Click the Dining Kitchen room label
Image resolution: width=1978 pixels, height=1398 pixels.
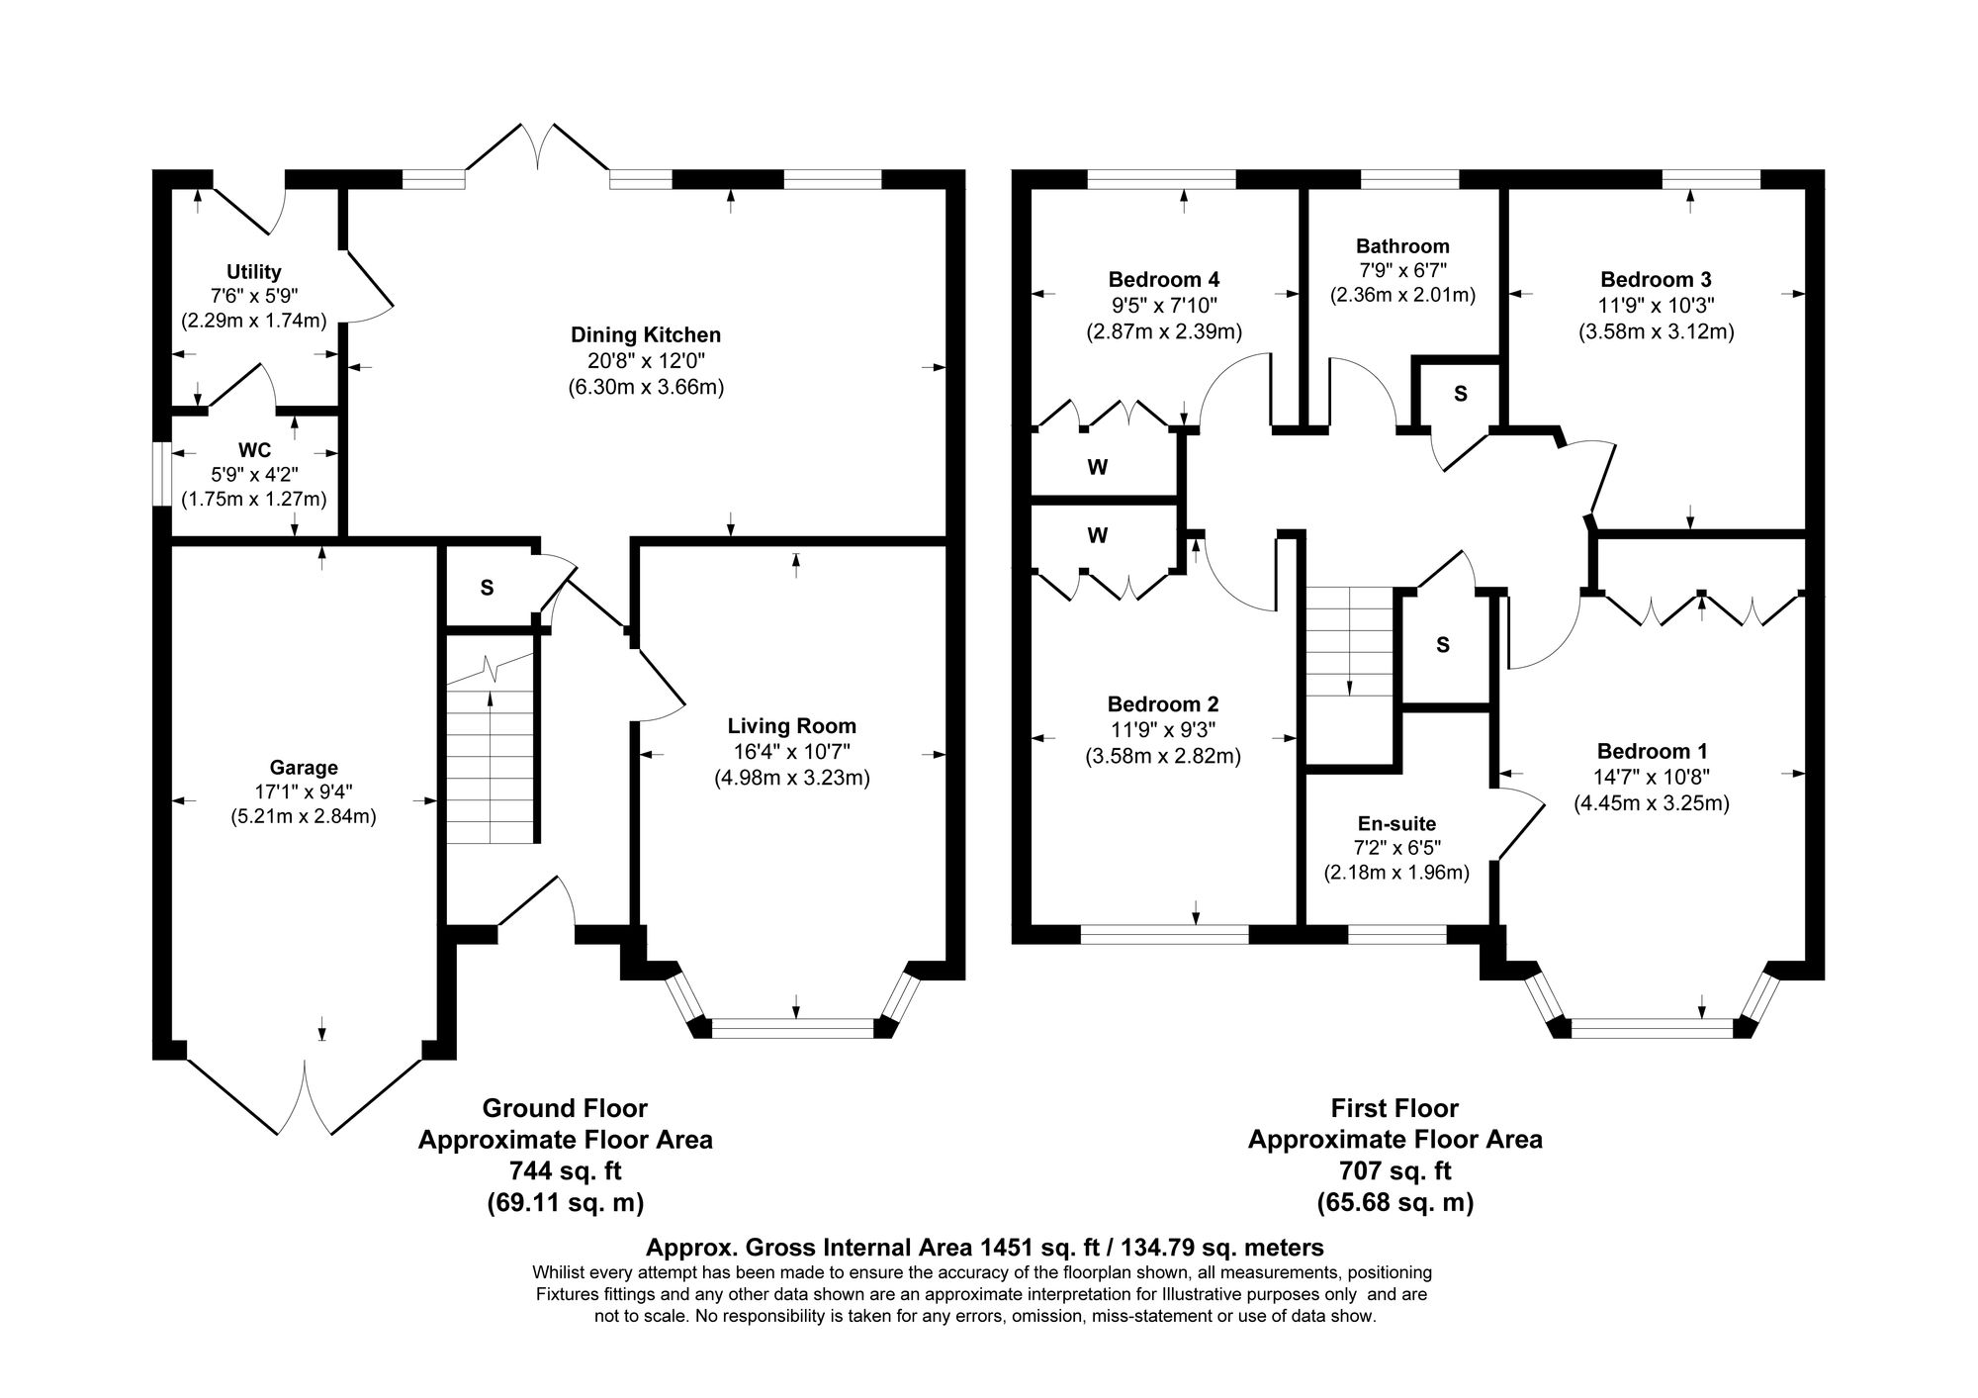click(x=645, y=334)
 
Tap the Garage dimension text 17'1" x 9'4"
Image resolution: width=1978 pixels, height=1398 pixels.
click(x=304, y=792)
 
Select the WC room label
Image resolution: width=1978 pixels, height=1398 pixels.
click(x=254, y=451)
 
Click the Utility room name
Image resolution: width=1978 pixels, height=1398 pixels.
click(x=254, y=271)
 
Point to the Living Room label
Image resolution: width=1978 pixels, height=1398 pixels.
click(x=791, y=726)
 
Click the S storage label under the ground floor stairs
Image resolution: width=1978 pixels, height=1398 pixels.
click(x=487, y=588)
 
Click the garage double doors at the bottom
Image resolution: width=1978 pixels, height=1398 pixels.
click(x=305, y=1098)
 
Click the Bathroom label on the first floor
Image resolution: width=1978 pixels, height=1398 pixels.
click(x=1402, y=246)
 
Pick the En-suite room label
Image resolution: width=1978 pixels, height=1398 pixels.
click(x=1396, y=823)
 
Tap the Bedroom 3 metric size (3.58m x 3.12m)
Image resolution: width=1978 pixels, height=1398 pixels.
click(x=1656, y=331)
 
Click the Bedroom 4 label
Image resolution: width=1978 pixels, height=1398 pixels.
click(x=1163, y=279)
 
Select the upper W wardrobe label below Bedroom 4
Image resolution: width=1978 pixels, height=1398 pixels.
click(x=1097, y=468)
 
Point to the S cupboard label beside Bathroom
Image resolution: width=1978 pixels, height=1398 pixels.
click(x=1460, y=394)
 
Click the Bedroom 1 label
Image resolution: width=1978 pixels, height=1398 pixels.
click(x=1652, y=751)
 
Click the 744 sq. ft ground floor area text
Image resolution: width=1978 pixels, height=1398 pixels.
click(x=565, y=1170)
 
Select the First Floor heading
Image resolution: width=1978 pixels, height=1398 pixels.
click(x=1394, y=1107)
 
